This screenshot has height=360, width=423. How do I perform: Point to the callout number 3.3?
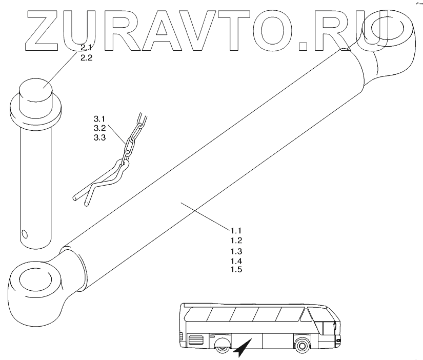click(x=86, y=137)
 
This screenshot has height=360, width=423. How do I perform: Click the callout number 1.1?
click(x=235, y=230)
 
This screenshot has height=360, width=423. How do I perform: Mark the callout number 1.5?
click(x=235, y=270)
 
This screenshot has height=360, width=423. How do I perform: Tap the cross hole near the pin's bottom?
click(x=24, y=235)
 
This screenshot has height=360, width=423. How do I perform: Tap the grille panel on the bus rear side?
click(x=195, y=339)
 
